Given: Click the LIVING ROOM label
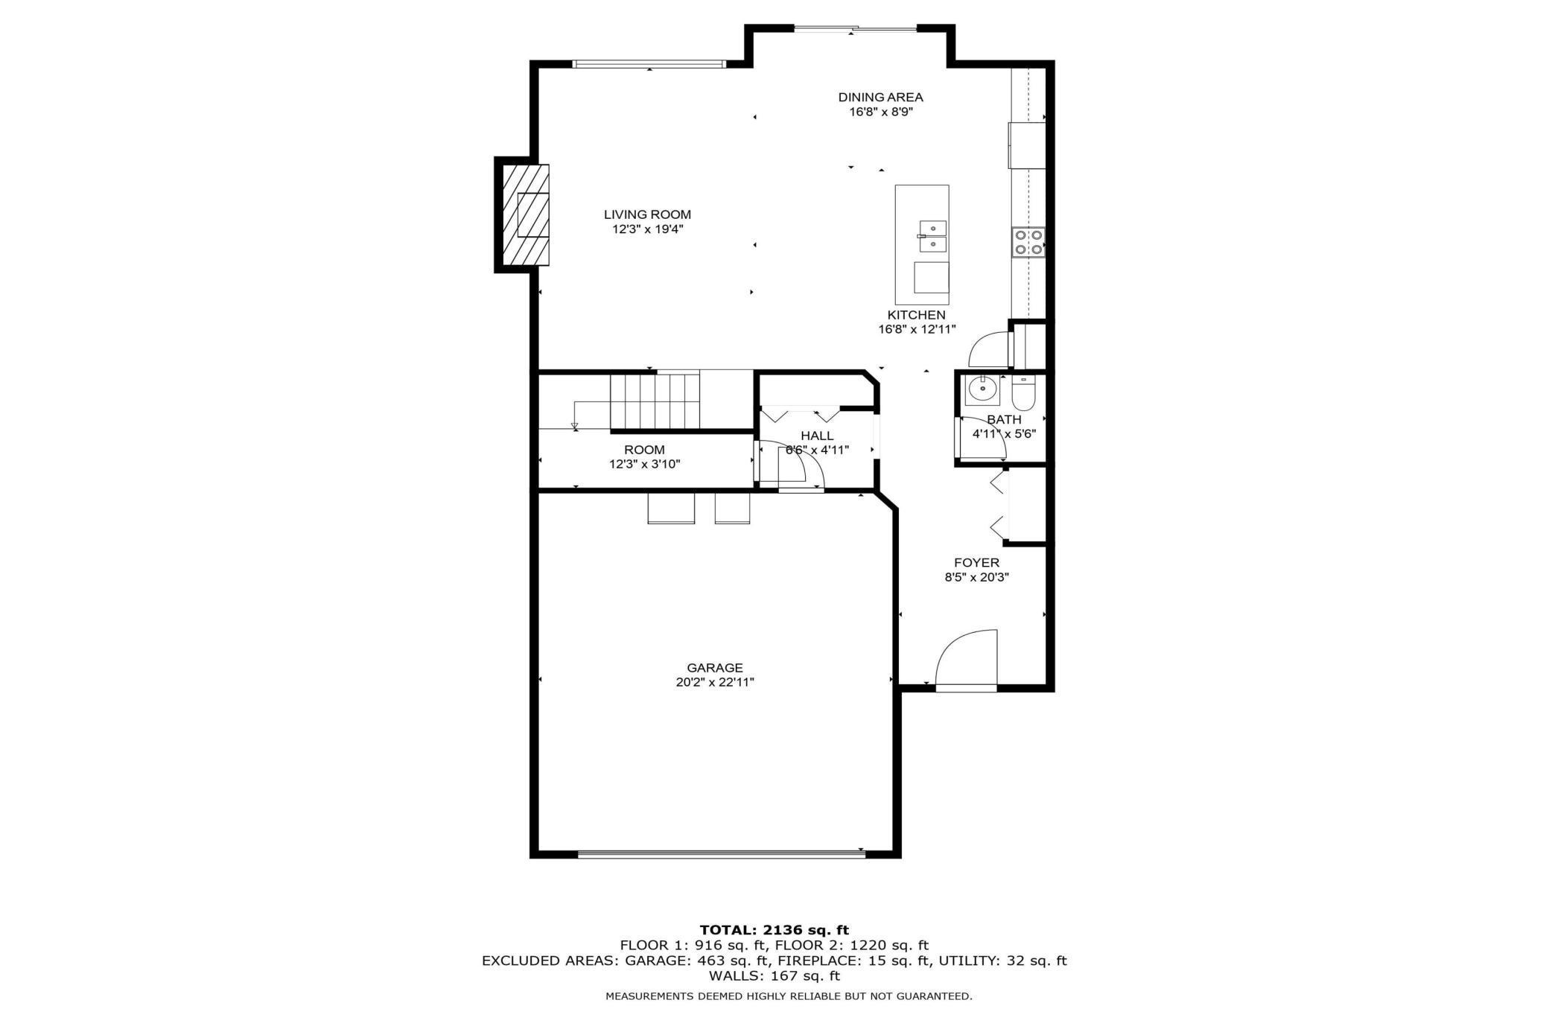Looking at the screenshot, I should tap(647, 214).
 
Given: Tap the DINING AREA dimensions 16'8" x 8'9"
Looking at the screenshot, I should tap(881, 112).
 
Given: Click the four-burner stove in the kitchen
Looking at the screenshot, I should tap(1028, 242).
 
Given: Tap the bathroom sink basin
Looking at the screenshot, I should tap(982, 389).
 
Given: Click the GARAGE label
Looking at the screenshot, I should tap(715, 668).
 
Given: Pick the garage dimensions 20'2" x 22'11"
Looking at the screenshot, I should tap(715, 682).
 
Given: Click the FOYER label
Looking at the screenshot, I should tap(976, 563).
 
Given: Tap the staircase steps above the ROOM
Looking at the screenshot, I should tap(655, 401).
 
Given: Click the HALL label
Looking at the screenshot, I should tap(817, 436).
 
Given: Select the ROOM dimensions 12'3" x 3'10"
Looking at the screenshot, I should tap(644, 464).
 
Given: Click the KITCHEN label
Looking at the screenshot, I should tap(916, 315).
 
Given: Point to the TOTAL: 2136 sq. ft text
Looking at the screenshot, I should tap(774, 929).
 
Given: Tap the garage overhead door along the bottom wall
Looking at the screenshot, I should tap(721, 854).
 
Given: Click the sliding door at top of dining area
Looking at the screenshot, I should tap(855, 29).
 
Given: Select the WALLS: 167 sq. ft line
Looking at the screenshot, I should tap(774, 975).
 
